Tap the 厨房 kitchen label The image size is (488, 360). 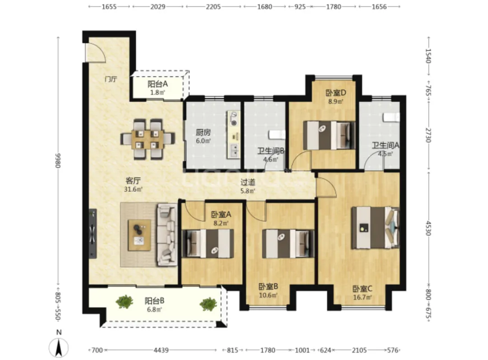point(203,132)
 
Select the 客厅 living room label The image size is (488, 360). point(133,181)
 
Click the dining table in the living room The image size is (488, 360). point(147,139)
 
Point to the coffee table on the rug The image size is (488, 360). point(140,235)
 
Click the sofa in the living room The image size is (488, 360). point(167,234)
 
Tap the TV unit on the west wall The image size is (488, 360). point(93,234)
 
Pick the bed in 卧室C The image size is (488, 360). point(375,228)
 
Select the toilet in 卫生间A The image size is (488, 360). point(391,117)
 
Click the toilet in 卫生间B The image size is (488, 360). point(277,135)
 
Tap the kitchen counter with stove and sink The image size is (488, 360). point(234,135)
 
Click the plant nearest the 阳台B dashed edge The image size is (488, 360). point(208,304)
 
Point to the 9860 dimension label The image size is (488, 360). point(58,160)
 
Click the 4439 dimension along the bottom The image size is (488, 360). point(161,351)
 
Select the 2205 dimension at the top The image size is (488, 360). point(213,6)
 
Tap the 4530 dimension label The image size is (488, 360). point(428,228)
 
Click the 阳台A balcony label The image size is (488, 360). point(158,84)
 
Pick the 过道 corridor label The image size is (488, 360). point(248,182)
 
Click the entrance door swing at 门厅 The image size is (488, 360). point(95,52)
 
